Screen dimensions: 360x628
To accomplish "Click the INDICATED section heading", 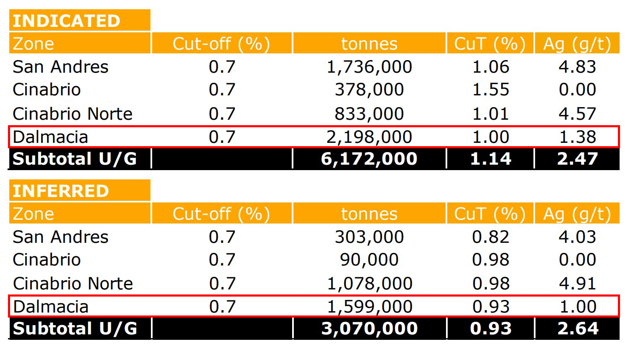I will [66, 21].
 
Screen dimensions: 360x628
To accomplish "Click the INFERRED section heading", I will [61, 191].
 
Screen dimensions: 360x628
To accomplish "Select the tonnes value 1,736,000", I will [369, 67].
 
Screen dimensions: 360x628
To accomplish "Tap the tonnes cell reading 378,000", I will [369, 90].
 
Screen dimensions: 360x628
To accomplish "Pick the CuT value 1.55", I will [491, 90].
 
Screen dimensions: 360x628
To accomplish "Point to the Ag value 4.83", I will [577, 67].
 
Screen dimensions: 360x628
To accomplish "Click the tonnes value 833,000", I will [369, 114].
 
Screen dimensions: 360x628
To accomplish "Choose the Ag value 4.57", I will [577, 114].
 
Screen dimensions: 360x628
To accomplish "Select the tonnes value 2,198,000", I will [369, 137].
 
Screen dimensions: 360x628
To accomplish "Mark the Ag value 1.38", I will [577, 137].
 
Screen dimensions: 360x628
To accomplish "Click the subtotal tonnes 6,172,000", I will [369, 159].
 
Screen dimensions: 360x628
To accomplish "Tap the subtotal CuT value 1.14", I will [491, 159].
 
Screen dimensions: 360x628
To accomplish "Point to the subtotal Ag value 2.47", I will [577, 159].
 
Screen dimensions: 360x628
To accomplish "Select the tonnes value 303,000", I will [369, 237].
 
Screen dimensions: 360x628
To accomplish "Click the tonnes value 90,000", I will [369, 260].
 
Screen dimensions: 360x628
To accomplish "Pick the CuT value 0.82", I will [491, 237].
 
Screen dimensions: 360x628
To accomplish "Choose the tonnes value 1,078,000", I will [369, 284].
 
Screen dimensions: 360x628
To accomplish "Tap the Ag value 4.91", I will [577, 284].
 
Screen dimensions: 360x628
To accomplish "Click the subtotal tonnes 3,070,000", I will [369, 328].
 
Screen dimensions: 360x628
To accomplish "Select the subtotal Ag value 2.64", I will [578, 328].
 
